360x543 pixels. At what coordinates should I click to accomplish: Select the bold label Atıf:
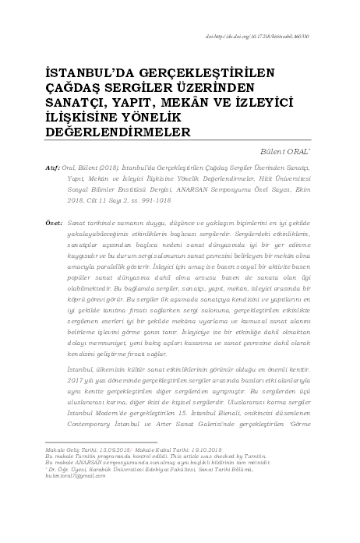coord(54,167)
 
